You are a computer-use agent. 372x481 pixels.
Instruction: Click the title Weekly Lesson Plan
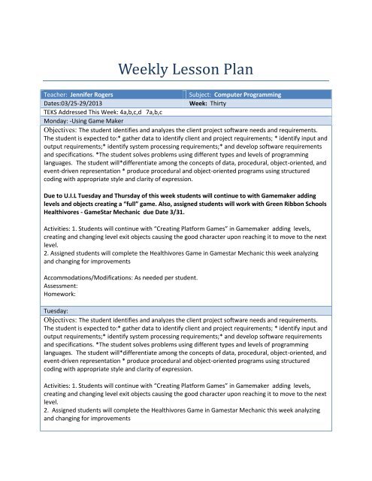pyautogui.click(x=185, y=71)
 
